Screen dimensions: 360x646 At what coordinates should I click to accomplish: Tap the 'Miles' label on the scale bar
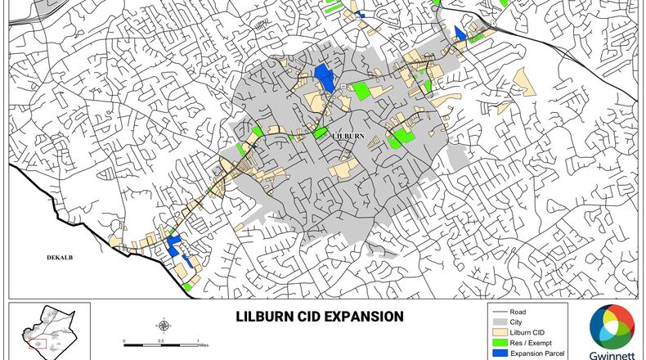(x=204, y=345)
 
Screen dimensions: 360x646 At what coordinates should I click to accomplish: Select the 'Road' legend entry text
(x=518, y=312)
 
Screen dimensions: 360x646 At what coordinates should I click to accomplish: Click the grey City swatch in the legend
(x=499, y=322)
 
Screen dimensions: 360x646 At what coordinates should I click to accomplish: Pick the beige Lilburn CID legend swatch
(x=499, y=332)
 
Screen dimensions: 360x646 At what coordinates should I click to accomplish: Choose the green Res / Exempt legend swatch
(x=499, y=343)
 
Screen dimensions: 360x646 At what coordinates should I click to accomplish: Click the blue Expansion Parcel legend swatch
(x=499, y=353)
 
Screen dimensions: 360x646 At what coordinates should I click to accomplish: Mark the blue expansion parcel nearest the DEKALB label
(x=173, y=244)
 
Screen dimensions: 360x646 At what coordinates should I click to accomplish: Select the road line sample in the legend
(x=499, y=312)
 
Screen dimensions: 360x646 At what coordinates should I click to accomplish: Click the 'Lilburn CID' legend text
(x=528, y=332)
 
